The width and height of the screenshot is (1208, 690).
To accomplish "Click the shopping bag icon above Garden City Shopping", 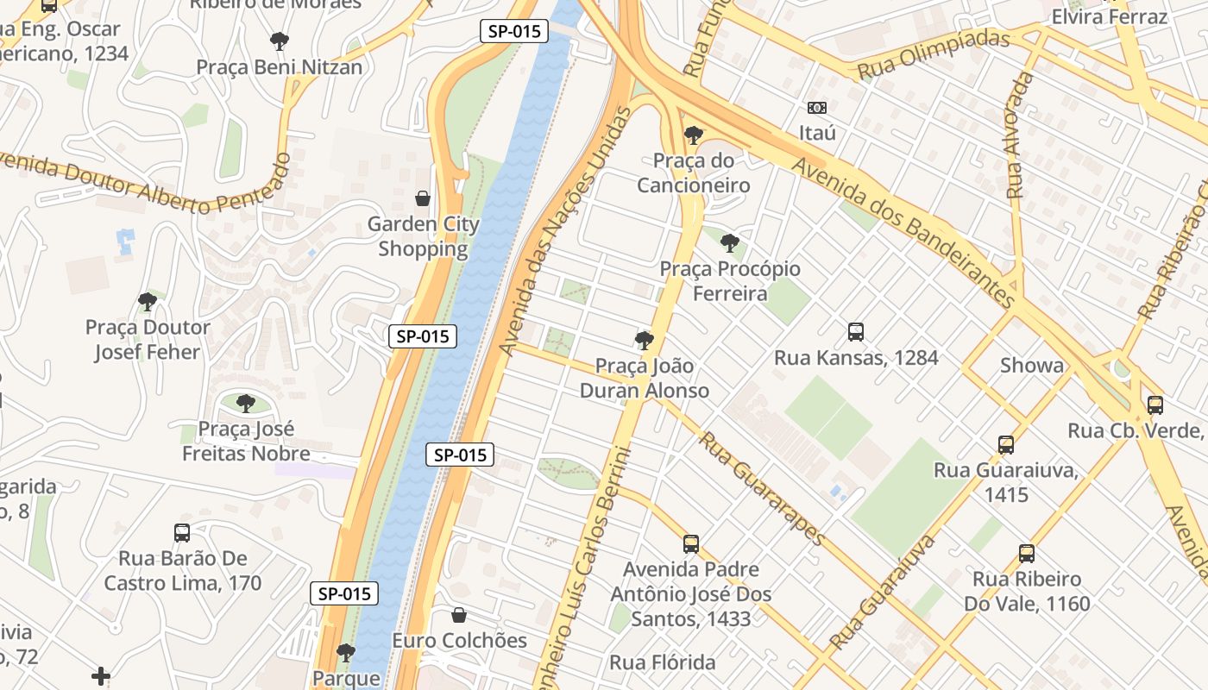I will (x=423, y=199).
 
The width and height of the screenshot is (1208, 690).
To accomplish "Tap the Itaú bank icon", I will (x=816, y=108).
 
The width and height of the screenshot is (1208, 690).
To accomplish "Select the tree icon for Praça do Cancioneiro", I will (x=693, y=135).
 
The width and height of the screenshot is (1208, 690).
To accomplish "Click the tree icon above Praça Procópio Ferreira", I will (x=730, y=243).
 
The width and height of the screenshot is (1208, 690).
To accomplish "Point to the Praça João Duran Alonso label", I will (x=644, y=378).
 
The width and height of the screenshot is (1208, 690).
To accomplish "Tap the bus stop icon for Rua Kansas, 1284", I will (x=856, y=332).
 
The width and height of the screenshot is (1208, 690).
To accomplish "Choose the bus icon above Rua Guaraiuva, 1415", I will (x=1006, y=445).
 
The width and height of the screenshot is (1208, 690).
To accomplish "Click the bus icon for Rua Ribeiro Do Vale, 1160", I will (x=1027, y=554).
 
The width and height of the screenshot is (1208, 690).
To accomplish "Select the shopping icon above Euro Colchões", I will (x=459, y=615).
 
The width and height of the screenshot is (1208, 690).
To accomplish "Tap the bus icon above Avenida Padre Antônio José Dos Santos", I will (x=691, y=544).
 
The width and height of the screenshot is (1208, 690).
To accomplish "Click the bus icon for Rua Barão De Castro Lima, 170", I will (x=182, y=533).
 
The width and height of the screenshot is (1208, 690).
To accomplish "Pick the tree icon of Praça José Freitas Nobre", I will (x=246, y=403).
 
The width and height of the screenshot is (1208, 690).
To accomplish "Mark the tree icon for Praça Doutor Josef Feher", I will (x=148, y=302).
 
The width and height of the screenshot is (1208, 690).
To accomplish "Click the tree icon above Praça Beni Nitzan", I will (x=279, y=41).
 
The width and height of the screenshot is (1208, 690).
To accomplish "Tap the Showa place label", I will (x=1032, y=365).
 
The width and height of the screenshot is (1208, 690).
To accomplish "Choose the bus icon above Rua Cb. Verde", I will (x=1155, y=405).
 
